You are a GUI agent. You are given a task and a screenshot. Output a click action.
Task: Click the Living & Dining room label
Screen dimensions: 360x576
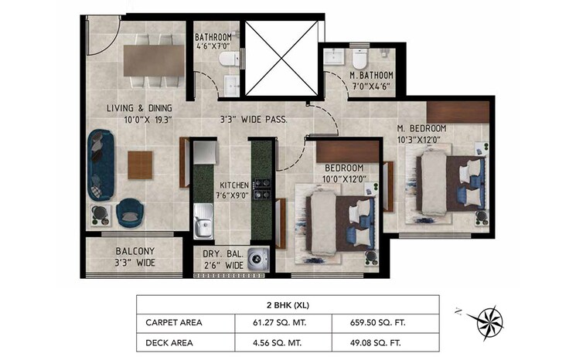(139, 114)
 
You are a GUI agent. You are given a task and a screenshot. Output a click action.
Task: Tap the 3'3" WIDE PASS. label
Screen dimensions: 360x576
(254, 120)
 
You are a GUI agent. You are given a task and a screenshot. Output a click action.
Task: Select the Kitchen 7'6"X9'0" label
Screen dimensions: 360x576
(233, 191)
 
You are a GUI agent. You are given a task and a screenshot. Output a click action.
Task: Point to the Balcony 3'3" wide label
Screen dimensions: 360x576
(135, 256)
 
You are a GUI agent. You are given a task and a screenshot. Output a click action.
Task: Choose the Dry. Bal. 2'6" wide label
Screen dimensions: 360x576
(223, 260)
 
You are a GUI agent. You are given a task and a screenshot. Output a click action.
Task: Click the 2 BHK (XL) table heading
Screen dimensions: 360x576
(288, 304)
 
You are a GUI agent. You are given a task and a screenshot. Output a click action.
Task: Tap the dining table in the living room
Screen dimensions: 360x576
(153, 60)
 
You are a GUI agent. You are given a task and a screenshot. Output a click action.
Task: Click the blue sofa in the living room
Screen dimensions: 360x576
(101, 163)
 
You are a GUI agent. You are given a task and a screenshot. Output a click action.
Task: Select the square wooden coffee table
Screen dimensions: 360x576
(140, 164)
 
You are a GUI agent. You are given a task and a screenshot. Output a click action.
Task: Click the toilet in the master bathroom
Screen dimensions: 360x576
(360, 59)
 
